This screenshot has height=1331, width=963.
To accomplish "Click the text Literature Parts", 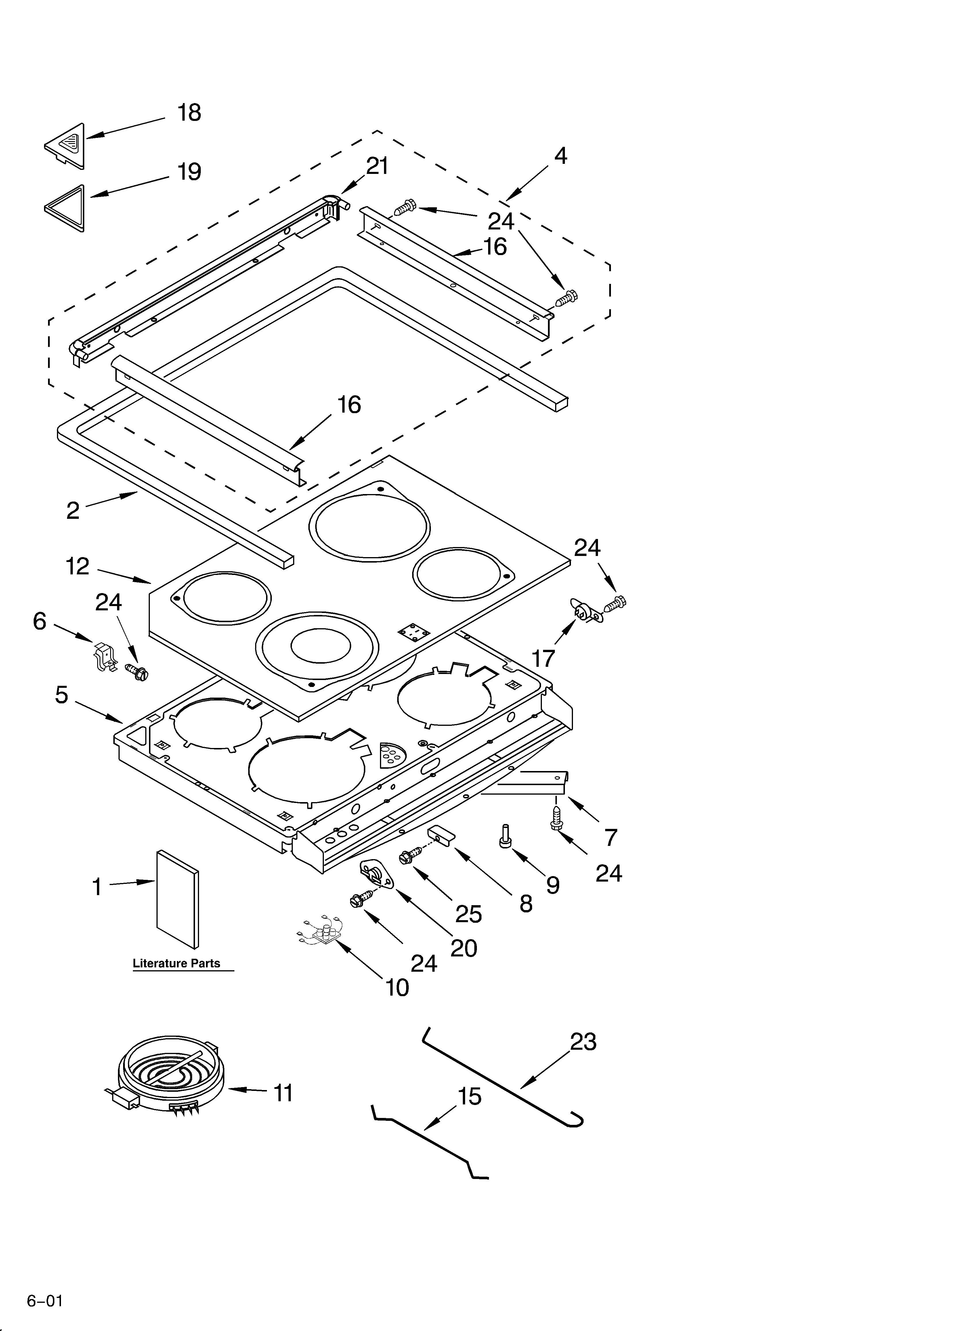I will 177,963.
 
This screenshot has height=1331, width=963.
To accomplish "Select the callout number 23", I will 583,1042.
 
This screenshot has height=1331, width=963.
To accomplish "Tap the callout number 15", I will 469,1096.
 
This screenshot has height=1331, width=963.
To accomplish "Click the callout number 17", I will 543,658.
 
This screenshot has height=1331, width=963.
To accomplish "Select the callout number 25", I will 469,914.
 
